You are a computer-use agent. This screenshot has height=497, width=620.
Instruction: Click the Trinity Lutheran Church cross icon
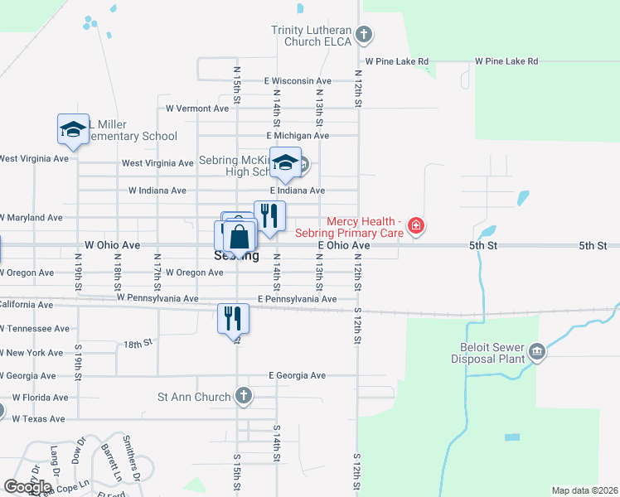(x=364, y=35)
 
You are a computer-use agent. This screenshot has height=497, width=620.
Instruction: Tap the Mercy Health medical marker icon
(x=416, y=226)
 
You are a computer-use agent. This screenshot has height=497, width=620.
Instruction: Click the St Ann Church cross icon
(x=243, y=397)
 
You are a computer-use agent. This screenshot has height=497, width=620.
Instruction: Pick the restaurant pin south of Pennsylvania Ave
(x=233, y=317)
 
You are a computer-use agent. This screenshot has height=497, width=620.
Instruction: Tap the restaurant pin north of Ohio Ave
(x=269, y=215)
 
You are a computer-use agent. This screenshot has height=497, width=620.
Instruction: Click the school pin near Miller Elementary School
(x=73, y=130)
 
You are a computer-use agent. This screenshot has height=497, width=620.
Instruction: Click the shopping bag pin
(x=239, y=237)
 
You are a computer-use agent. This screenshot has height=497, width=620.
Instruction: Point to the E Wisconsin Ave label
(x=298, y=81)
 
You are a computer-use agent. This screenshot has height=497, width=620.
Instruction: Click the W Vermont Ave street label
(x=197, y=109)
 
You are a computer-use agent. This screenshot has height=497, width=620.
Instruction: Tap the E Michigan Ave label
(x=298, y=136)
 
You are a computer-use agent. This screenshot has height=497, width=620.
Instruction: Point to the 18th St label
(x=138, y=342)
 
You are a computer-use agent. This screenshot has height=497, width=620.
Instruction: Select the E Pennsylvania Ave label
(x=297, y=299)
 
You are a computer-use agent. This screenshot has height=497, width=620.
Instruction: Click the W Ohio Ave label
(x=112, y=246)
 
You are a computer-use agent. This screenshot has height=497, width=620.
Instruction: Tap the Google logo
(x=27, y=486)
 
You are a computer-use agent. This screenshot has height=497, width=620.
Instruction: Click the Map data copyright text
(x=584, y=490)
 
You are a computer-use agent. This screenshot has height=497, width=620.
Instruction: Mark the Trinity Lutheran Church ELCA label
(x=312, y=36)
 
